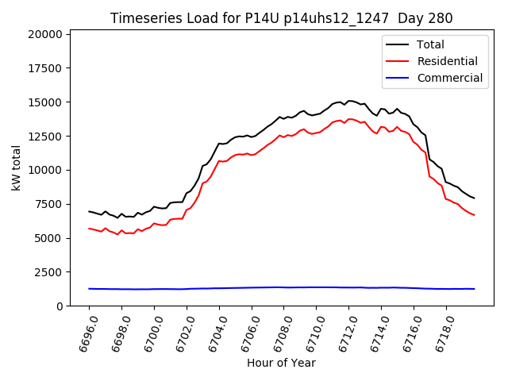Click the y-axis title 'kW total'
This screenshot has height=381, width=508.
pyautogui.click(x=16, y=168)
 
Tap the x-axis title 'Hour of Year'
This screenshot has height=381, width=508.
pyautogui.click(x=281, y=363)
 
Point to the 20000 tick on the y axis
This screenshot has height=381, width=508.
pyautogui.click(x=44, y=34)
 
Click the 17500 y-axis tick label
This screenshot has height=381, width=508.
pyautogui.click(x=44, y=68)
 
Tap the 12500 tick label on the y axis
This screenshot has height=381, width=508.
pyautogui.click(x=44, y=137)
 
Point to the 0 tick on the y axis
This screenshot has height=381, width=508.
pyautogui.click(x=59, y=306)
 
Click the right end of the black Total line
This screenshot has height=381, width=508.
pyautogui.click(x=475, y=198)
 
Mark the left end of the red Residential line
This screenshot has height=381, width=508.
pyautogui.click(x=89, y=229)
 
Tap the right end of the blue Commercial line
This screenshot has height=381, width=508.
pyautogui.click(x=475, y=289)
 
